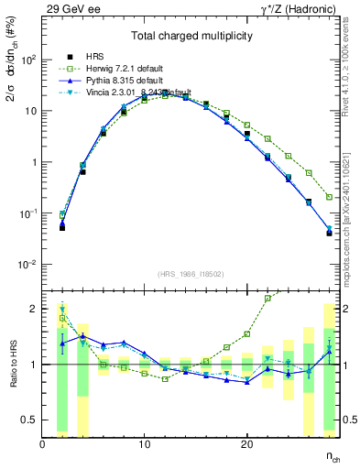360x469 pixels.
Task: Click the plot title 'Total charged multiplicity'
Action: click(x=192, y=36)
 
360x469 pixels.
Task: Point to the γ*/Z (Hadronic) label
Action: click(x=295, y=7)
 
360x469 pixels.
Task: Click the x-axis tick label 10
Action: click(x=144, y=444)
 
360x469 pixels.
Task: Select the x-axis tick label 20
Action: click(x=246, y=444)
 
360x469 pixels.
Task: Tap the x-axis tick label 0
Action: click(x=42, y=444)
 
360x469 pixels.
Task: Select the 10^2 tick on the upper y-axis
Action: click(x=28, y=60)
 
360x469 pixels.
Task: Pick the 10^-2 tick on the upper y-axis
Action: click(x=28, y=265)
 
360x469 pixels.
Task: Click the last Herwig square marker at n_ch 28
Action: click(x=329, y=197)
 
